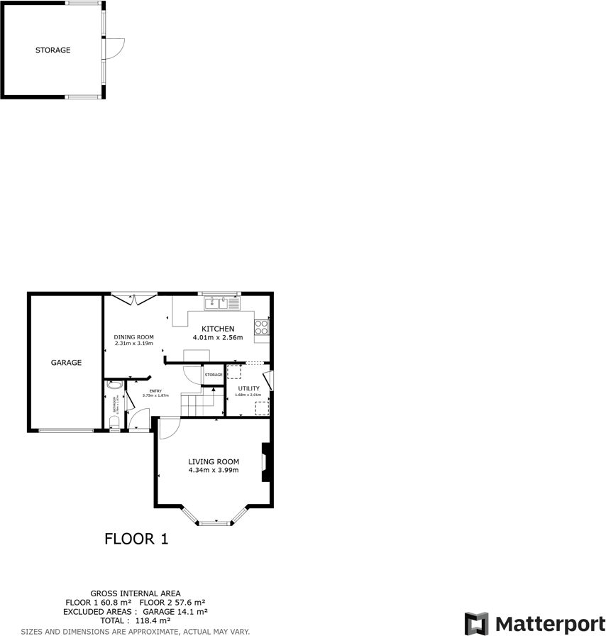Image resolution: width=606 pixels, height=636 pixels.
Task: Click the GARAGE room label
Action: click(x=66, y=363)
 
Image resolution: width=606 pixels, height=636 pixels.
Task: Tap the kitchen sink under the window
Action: click(x=222, y=303)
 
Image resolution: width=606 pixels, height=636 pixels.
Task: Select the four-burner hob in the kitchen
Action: click(x=262, y=327)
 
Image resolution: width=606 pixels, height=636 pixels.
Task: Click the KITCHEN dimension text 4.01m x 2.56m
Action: click(x=218, y=338)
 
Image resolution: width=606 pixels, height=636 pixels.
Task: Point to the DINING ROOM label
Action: click(x=133, y=337)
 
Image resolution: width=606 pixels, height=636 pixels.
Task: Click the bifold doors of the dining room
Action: click(x=134, y=298)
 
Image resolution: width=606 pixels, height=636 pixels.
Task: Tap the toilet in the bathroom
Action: click(x=115, y=423)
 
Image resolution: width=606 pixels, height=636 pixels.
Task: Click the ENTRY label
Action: click(x=155, y=390)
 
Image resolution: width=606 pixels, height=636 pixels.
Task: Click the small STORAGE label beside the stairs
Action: click(x=214, y=375)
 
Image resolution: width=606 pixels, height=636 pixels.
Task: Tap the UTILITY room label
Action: click(x=248, y=388)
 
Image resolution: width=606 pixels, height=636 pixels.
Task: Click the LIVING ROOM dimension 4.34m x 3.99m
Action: click(x=214, y=470)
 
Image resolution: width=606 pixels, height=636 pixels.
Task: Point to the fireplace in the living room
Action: click(x=266, y=463)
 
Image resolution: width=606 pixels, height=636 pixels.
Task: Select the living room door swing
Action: click(x=167, y=427)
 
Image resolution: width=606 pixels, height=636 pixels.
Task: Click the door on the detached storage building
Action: click(x=114, y=49)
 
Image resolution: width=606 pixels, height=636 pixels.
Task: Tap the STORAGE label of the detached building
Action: click(x=53, y=50)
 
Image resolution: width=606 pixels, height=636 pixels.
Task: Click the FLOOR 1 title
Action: click(x=136, y=539)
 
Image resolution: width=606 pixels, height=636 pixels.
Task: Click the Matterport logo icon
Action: click(x=477, y=623)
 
